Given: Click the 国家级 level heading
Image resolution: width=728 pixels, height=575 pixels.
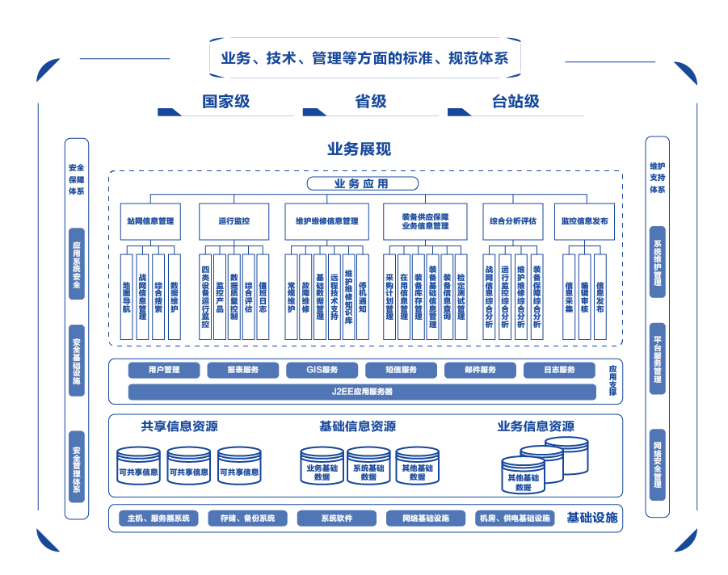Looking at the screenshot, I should pyautogui.click(x=225, y=102).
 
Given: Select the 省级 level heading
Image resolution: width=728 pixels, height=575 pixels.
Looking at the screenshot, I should pyautogui.click(x=371, y=102).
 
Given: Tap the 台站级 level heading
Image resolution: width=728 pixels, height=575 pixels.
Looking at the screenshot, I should pyautogui.click(x=515, y=102).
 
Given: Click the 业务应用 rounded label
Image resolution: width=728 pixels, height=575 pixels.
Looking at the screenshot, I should pyautogui.click(x=361, y=184).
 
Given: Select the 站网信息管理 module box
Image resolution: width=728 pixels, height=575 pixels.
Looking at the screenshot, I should pyautogui.click(x=150, y=221).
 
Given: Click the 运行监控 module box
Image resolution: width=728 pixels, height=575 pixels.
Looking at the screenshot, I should pyautogui.click(x=234, y=221).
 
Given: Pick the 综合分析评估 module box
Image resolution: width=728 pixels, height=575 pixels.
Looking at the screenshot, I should pyautogui.click(x=512, y=221).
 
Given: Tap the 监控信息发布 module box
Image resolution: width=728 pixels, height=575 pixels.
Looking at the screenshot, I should pyautogui.click(x=584, y=221).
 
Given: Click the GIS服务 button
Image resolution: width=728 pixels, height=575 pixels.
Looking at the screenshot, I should pyautogui.click(x=322, y=371).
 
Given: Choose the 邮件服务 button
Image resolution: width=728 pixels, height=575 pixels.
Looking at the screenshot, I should pyautogui.click(x=480, y=371).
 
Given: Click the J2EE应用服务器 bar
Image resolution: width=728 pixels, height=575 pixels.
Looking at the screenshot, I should pyautogui.click(x=362, y=392).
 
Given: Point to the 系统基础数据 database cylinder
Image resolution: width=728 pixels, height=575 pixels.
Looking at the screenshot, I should pyautogui.click(x=369, y=468).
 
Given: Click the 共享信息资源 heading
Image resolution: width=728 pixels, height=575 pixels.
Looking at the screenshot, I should pyautogui.click(x=179, y=426).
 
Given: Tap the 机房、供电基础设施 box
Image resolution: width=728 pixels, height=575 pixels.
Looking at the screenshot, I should pyautogui.click(x=515, y=518).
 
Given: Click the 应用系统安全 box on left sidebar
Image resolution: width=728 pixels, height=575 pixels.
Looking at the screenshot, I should pyautogui.click(x=76, y=264).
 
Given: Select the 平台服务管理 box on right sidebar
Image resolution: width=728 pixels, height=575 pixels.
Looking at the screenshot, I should pyautogui.click(x=658, y=359).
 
